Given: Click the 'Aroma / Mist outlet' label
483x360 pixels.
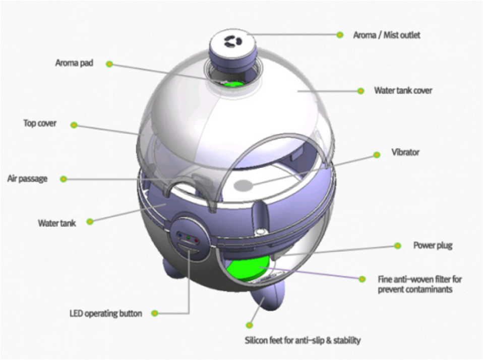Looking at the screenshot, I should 387,35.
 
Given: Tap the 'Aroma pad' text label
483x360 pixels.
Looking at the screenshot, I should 74,64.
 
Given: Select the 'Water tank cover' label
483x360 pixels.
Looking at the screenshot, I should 403,91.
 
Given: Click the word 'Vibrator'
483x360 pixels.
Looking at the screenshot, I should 405,152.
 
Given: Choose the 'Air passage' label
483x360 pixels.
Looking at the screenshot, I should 27,178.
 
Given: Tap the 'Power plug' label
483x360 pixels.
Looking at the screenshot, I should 433,246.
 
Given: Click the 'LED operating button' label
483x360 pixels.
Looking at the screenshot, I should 105,313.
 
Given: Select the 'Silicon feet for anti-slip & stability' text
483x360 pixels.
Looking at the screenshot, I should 303,340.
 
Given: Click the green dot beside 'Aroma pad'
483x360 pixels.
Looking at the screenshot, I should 109,64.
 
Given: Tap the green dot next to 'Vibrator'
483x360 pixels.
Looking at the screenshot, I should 376,155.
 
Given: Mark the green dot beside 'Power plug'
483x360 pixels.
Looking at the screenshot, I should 398,246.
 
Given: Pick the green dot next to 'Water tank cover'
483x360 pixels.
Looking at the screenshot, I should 360,91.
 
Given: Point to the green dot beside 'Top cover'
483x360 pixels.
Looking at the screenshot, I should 74,125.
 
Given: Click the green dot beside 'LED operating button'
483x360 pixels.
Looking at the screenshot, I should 155,313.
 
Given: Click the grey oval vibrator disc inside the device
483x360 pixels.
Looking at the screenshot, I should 245,186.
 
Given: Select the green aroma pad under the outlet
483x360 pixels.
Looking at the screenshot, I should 232,83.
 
